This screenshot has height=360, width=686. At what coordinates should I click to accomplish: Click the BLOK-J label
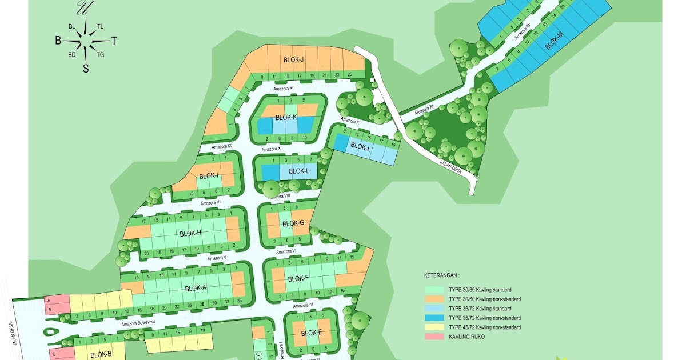(x=293, y=60)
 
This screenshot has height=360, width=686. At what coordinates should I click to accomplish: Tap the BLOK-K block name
(x=286, y=118)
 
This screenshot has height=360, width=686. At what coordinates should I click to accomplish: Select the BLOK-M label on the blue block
(x=553, y=42)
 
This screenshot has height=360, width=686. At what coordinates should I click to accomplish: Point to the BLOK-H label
(x=190, y=233)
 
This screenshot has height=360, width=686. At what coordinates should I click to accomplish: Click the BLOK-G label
(x=293, y=223)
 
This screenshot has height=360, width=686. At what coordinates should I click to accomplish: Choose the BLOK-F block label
(x=298, y=279)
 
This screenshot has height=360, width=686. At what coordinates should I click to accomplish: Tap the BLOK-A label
(x=196, y=288)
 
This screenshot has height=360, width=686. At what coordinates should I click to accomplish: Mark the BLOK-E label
(x=312, y=333)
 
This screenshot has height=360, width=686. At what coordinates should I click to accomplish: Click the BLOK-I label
(x=209, y=176)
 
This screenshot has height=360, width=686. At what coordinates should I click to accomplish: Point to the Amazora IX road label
(x=221, y=146)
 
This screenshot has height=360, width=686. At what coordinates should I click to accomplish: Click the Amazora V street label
(x=217, y=258)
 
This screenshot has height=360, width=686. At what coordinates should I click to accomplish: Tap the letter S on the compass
(x=86, y=69)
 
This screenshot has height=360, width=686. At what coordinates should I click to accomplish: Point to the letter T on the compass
(x=114, y=41)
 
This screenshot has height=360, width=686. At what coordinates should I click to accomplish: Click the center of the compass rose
(x=86, y=41)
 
